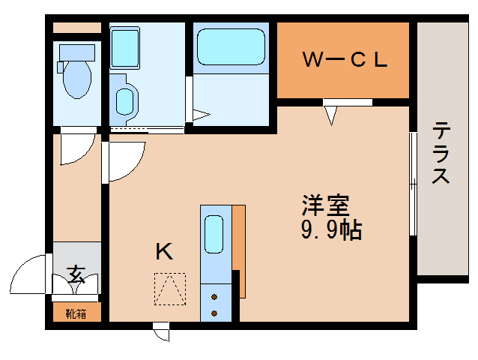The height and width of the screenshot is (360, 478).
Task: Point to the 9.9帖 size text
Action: click(x=331, y=229)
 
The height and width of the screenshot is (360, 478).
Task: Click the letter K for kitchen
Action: click(x=164, y=252)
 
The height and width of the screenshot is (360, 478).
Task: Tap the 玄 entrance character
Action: click(x=76, y=274)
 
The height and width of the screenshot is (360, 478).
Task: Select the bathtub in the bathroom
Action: click(x=230, y=47)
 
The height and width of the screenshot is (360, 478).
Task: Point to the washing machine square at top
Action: click(x=125, y=47)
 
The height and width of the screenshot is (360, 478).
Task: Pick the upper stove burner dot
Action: click(x=215, y=295)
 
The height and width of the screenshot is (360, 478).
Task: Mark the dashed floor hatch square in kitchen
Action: click(x=169, y=289)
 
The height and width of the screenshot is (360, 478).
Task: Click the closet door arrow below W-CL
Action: click(x=331, y=115)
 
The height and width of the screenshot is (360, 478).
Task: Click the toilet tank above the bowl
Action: click(x=76, y=51)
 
